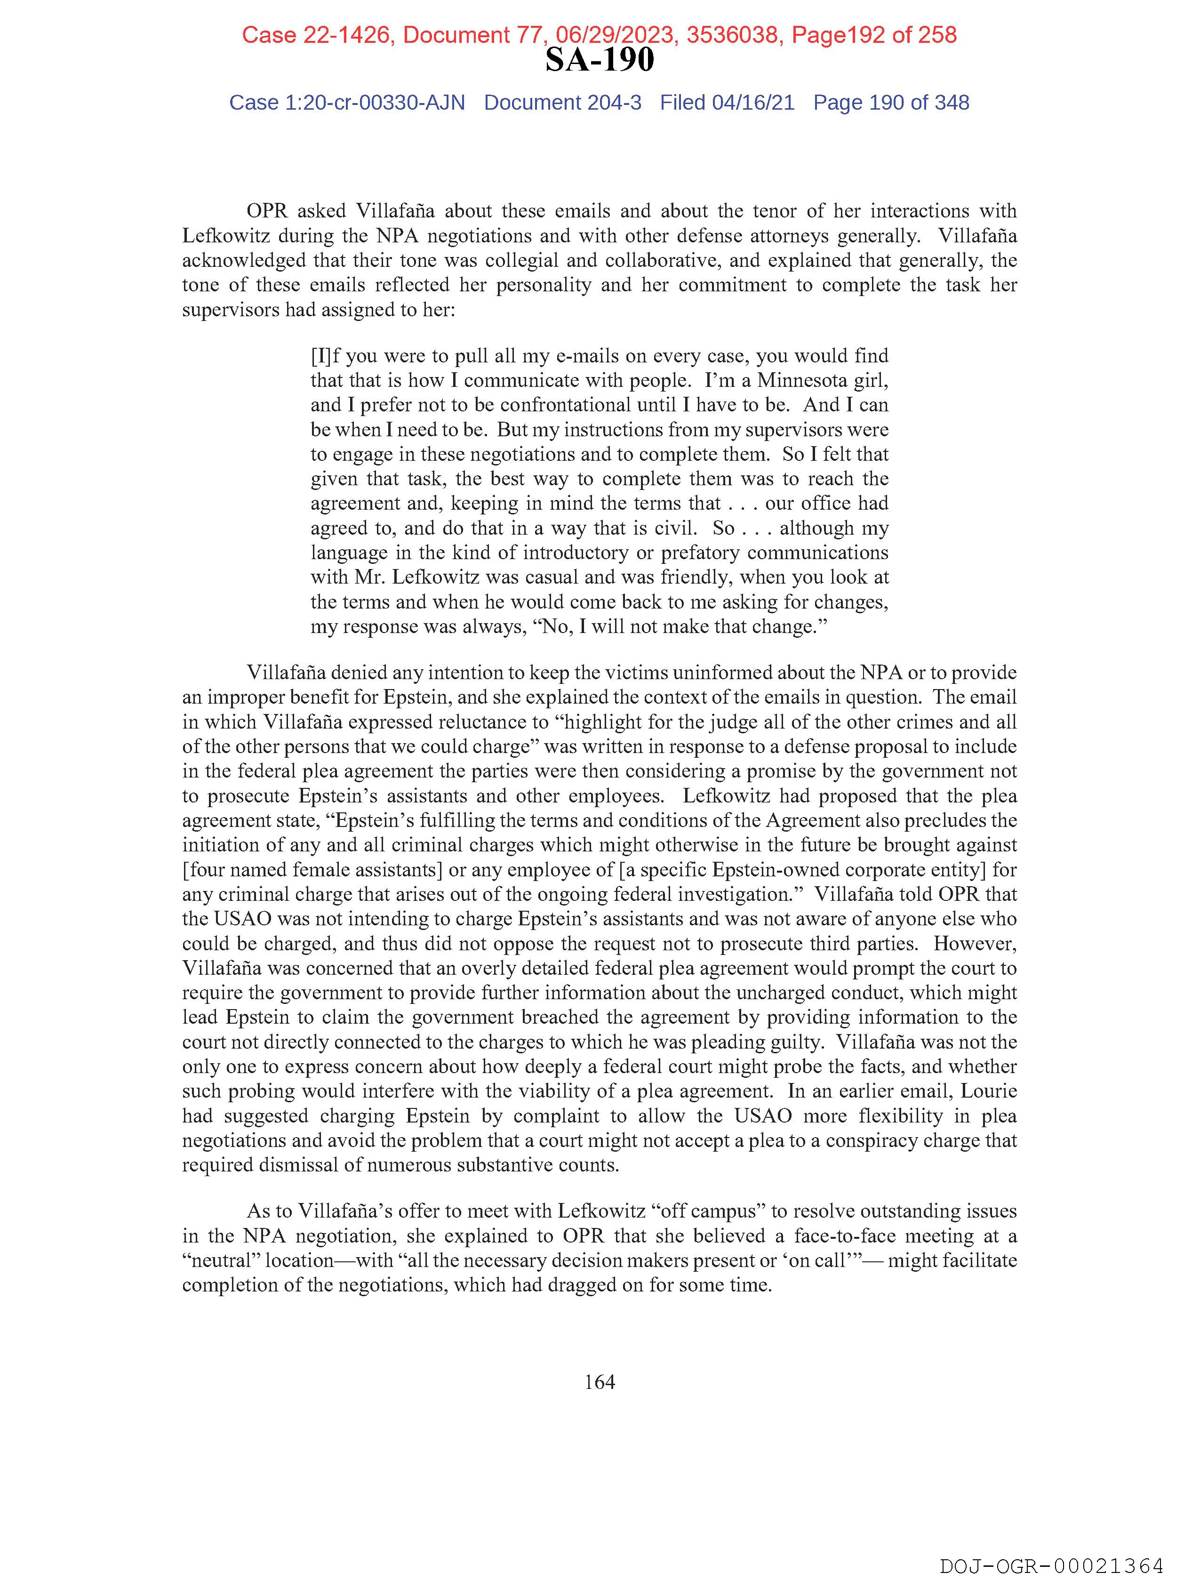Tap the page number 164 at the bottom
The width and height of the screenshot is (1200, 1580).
(x=599, y=1381)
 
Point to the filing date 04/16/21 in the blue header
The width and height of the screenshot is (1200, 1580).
(x=753, y=103)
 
